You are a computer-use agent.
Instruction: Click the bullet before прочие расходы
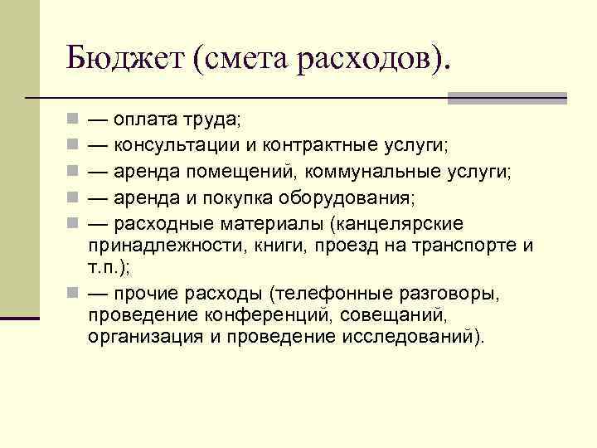point(73,293)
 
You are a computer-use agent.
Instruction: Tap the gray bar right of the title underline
point(507,98)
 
